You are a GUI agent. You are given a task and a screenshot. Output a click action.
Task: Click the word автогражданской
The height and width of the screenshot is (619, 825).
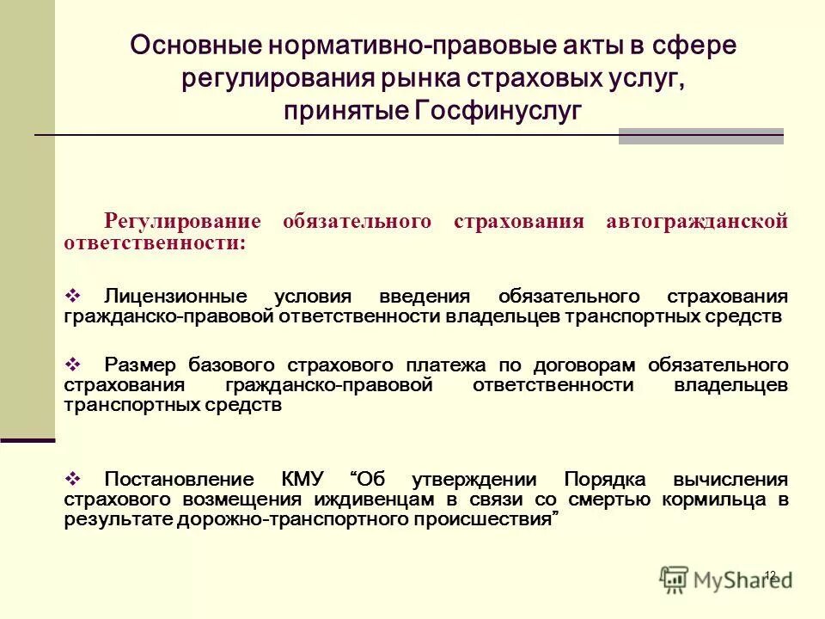point(696,222)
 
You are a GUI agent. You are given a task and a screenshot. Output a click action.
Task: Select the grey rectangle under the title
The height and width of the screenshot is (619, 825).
point(700,136)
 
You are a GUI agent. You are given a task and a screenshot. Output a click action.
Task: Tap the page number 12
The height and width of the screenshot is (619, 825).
point(769,575)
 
